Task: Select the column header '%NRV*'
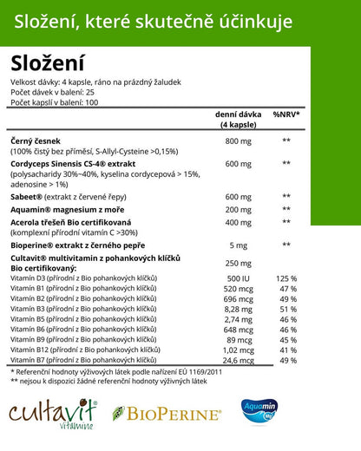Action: coord(286,114)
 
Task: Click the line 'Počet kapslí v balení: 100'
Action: coord(55,102)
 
